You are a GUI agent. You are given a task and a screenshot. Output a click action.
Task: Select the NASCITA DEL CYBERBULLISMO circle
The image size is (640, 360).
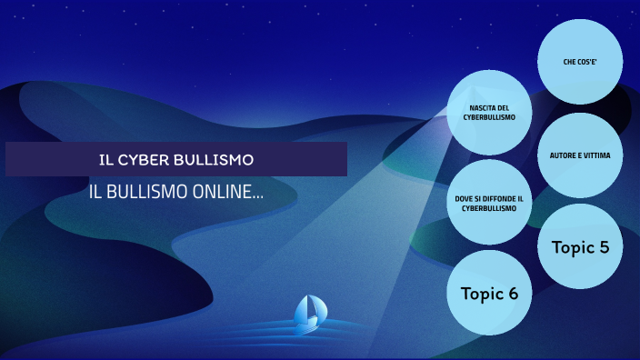(489, 113)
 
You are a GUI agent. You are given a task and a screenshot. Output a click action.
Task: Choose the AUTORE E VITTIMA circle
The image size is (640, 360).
(580, 155)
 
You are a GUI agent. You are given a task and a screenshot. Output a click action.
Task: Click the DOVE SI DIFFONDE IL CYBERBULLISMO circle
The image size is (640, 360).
(489, 202)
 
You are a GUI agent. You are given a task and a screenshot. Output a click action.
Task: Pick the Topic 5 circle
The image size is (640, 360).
(580, 245)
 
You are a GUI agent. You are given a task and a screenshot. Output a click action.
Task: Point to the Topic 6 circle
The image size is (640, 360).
(489, 293)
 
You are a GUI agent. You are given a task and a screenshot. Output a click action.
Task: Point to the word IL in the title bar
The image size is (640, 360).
(105, 160)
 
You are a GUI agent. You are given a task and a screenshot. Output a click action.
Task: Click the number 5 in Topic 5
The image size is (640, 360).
(604, 245)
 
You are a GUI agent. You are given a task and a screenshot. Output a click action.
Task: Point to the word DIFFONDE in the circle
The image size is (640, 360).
(495, 197)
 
